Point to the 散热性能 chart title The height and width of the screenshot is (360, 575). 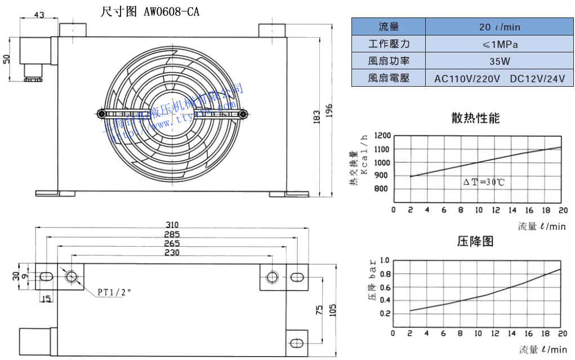point(475,118)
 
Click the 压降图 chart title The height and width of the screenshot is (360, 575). point(475,242)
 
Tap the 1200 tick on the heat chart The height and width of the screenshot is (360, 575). point(381,136)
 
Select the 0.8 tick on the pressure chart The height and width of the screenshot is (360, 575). point(385,274)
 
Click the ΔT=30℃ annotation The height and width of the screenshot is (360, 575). point(484,183)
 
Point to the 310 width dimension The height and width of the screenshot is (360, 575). point(172,224)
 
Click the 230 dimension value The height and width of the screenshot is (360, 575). point(172,252)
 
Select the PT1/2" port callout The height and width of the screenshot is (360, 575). point(114,292)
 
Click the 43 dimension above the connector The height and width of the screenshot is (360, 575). point(39,15)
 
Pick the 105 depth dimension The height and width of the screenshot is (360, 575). point(332,310)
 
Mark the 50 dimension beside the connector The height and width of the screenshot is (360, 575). point(7,60)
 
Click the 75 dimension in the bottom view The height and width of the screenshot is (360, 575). point(319,310)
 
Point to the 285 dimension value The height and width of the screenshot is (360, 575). point(172,234)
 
